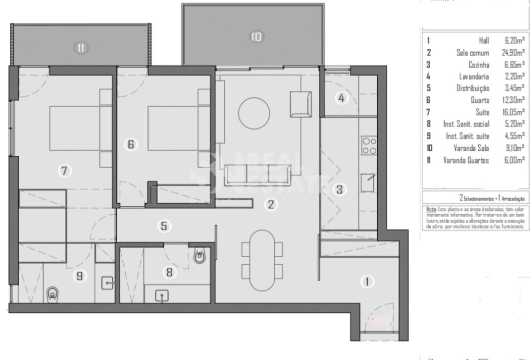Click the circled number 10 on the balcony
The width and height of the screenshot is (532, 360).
coord(256,36)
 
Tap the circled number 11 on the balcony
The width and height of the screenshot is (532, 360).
coord(81,48)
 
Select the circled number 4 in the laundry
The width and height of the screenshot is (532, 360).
coord(341,98)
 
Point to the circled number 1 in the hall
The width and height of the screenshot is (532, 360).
coord(367,282)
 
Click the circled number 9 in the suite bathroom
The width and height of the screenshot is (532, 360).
coord(79,275)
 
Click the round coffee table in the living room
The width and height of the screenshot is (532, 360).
coord(255,109)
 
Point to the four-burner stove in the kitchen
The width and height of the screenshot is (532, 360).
coord(369,145)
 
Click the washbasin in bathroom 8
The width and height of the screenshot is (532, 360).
coord(161,295)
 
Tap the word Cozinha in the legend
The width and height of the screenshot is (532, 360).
coord(479,64)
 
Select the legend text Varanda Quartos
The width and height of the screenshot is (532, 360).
coord(466,160)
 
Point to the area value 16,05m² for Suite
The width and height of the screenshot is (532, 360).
coord(513,112)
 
